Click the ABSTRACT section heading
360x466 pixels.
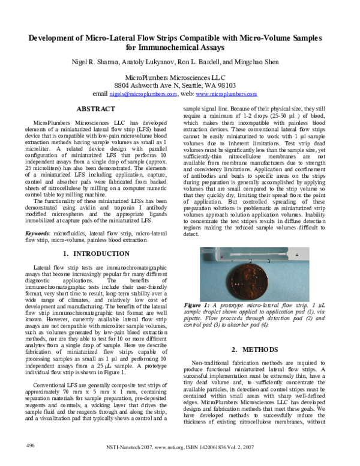coord(96,109)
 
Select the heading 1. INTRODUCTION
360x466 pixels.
coord(96,254)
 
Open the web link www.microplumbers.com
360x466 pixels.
coord(226,94)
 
